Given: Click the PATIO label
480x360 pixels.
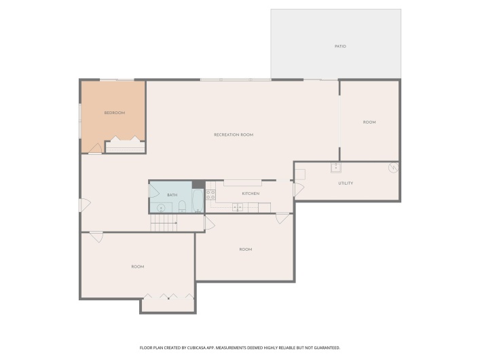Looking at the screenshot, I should (340, 46).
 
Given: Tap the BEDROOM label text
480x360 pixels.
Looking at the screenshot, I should (114, 113).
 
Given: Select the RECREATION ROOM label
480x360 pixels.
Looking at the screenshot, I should (234, 134).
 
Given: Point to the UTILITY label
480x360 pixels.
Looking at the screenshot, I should (346, 183).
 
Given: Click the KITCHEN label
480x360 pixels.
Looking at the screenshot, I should (251, 194).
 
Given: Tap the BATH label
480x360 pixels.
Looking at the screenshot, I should (172, 196).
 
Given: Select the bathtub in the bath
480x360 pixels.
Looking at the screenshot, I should (197, 201).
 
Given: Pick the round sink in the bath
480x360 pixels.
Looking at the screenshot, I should (162, 207).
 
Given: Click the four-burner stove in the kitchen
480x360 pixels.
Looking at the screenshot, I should (210, 194).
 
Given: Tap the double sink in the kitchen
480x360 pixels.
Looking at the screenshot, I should (238, 207).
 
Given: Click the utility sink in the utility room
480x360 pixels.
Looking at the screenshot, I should (335, 168).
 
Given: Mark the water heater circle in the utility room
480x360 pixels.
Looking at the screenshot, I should (392, 168).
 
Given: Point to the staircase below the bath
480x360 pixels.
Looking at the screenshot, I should (164, 224).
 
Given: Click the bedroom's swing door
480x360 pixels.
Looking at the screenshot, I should (96, 148).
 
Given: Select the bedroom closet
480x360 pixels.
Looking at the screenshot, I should (125, 145).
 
